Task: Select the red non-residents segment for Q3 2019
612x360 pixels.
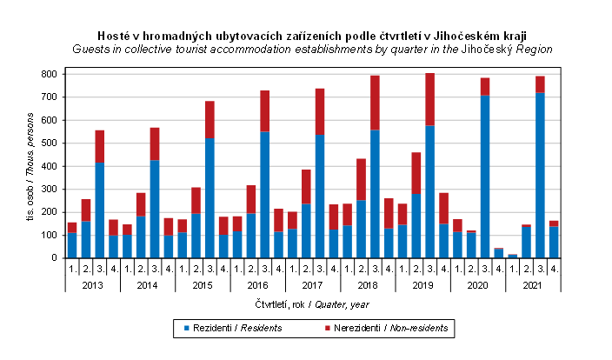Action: tap(429, 99)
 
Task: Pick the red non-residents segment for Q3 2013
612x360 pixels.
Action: tap(100, 147)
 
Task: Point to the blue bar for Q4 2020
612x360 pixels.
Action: tap(498, 253)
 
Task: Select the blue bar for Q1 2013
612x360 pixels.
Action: tap(72, 245)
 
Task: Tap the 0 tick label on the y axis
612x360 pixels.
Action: tap(56, 257)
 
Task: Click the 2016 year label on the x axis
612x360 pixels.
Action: tap(257, 283)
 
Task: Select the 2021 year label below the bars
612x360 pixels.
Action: tap(533, 283)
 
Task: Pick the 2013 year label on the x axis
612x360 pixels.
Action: tap(93, 283)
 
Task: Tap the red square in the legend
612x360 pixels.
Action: tap(328, 328)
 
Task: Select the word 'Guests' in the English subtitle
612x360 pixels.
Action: tap(94, 50)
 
